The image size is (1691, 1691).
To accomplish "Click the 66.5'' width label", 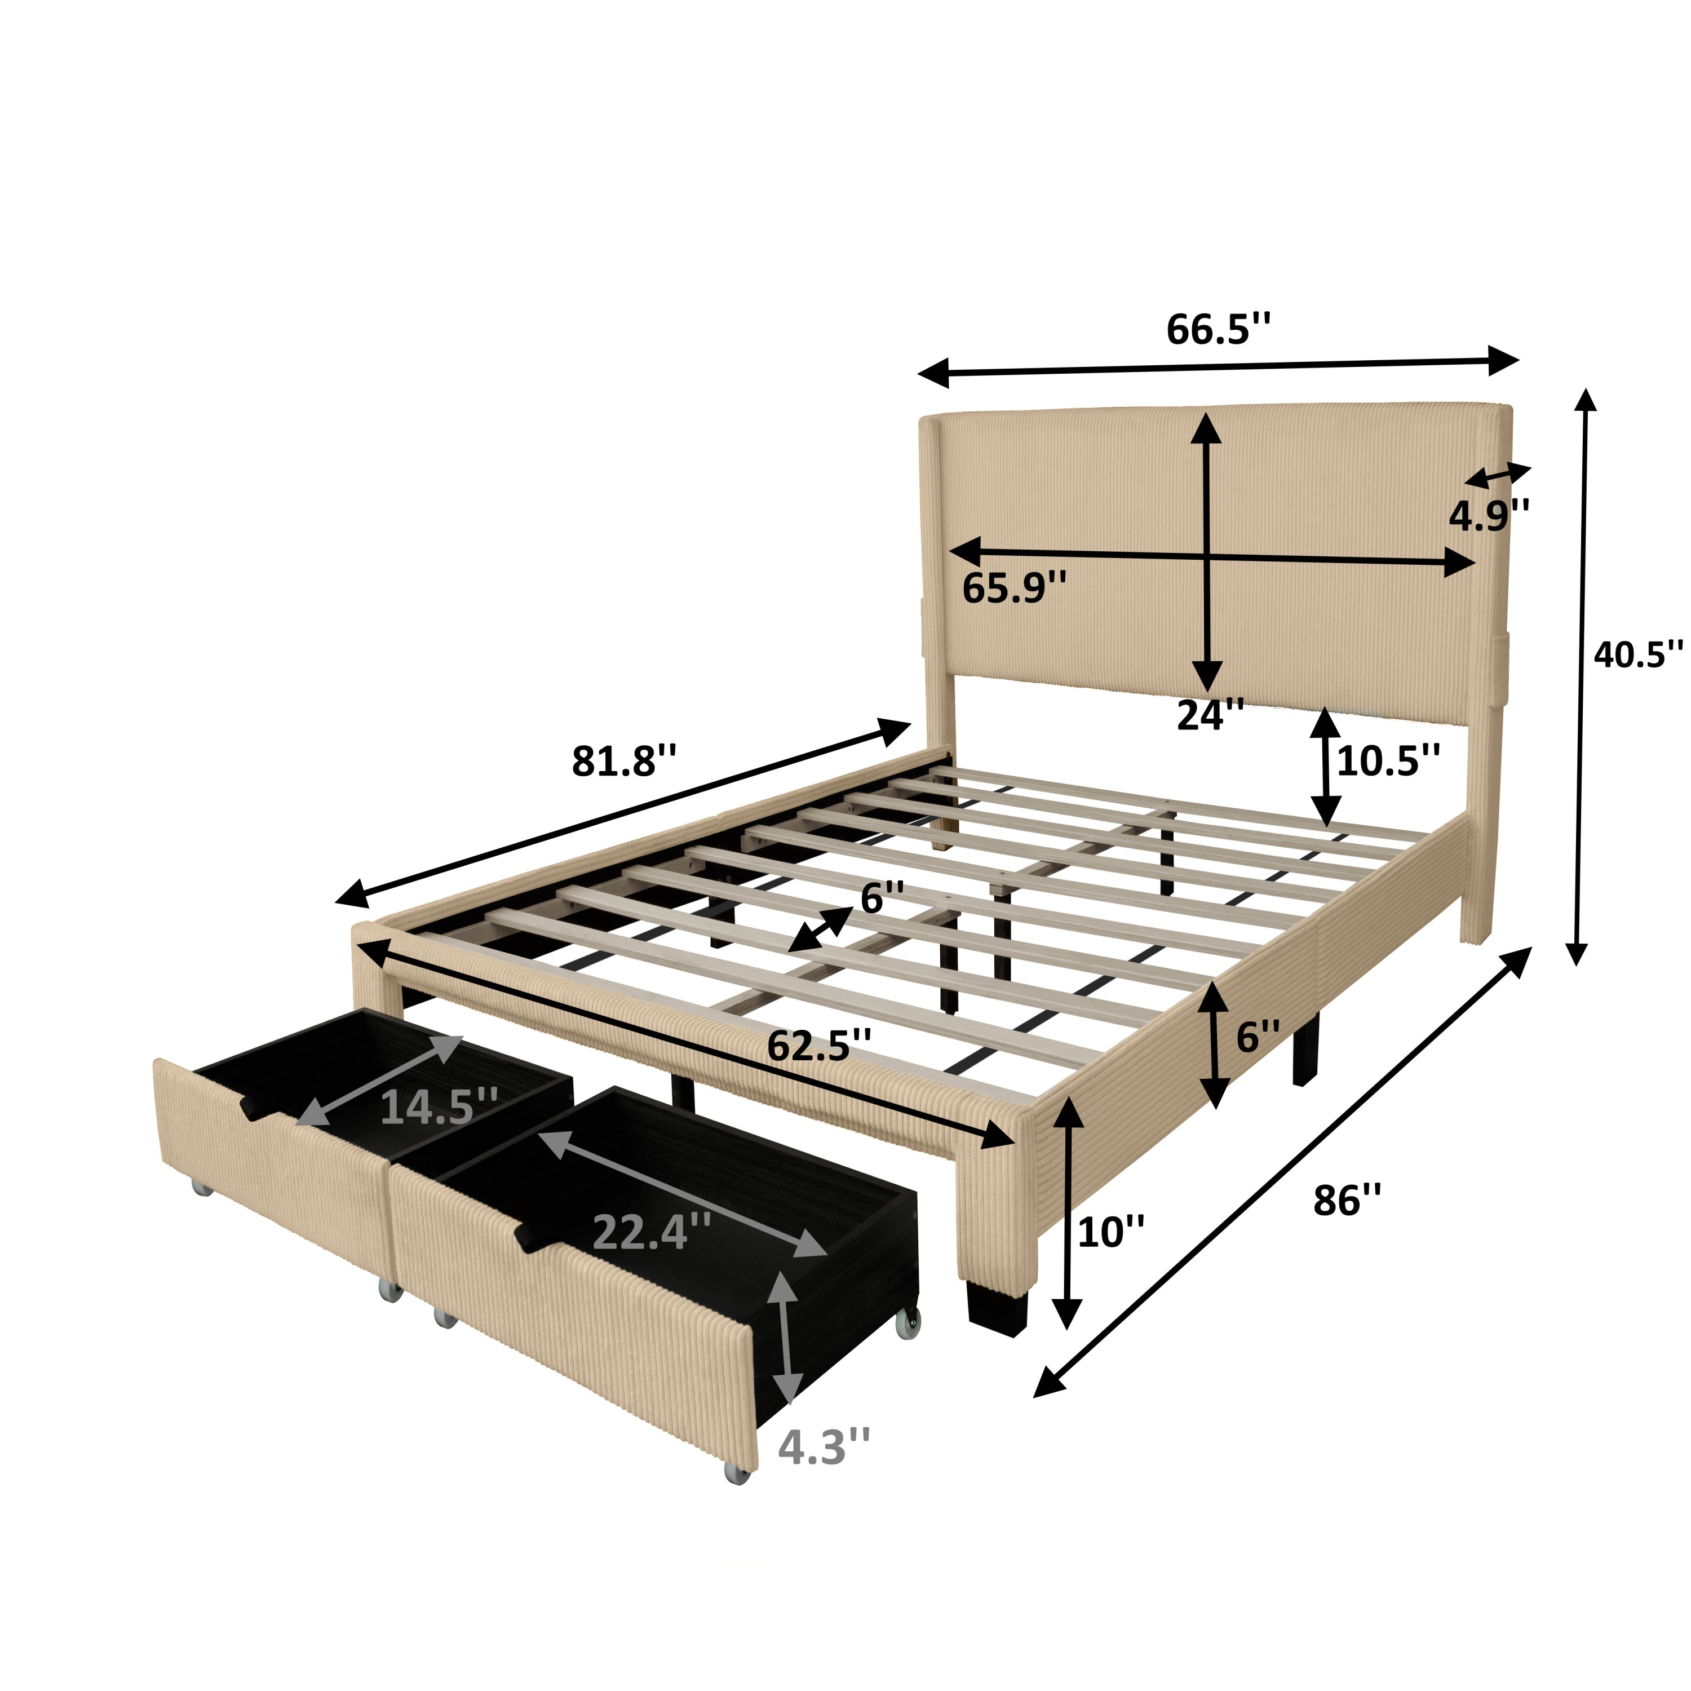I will click(1218, 330).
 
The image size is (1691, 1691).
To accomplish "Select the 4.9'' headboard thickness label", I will click(1489, 516).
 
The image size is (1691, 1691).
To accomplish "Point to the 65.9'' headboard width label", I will click(1015, 588).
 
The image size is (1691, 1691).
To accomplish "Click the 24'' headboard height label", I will click(1210, 715).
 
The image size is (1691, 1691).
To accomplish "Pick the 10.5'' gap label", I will click(1388, 760).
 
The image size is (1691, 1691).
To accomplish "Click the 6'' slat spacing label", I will click(882, 898).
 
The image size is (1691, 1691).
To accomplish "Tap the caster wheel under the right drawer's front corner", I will click(737, 1473).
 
